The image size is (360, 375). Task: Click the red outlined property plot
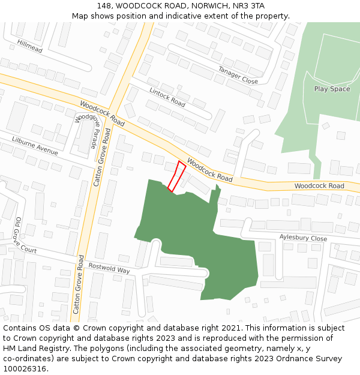[176, 176]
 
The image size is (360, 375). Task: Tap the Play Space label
[332, 89]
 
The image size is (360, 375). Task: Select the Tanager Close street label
[238, 75]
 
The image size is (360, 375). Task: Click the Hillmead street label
[29, 46]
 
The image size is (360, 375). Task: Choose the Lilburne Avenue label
[35, 146]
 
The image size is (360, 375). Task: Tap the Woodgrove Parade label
[86, 131]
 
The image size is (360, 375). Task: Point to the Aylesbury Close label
[303, 238]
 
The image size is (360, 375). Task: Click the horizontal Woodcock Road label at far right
[319, 186]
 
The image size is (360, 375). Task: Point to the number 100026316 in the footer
[25, 369]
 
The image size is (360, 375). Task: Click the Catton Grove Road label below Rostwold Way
[77, 284]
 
